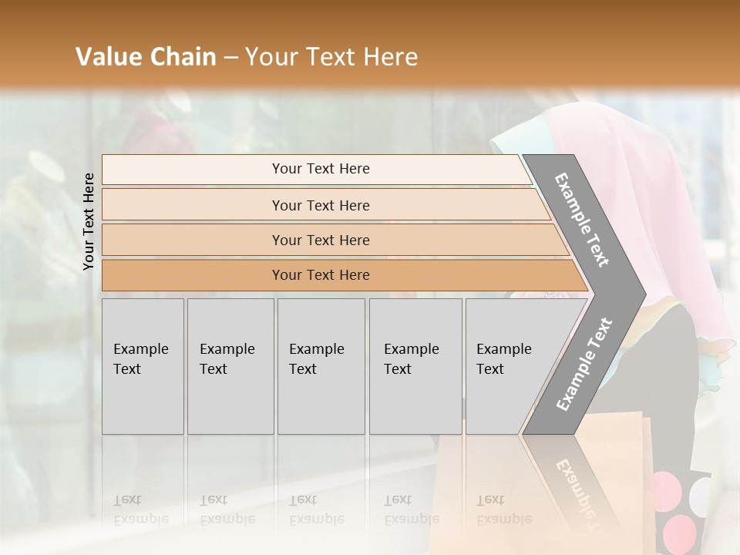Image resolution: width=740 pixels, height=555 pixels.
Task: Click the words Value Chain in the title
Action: [146, 57]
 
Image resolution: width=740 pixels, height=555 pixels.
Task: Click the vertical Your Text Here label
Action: [89, 221]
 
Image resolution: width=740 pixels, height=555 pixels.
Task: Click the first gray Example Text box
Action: [143, 366]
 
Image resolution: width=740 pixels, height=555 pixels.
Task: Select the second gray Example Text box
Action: [230, 366]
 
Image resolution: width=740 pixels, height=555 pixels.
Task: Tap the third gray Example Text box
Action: [321, 366]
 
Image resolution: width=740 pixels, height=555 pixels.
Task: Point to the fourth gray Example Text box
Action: [415, 366]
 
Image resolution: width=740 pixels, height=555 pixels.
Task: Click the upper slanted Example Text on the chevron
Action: [582, 220]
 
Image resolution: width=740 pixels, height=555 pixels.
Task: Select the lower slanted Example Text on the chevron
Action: [584, 365]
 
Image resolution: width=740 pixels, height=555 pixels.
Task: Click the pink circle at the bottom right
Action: [680, 531]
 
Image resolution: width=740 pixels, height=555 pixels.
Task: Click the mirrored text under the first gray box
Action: [141, 510]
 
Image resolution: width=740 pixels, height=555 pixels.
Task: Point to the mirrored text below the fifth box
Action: [504, 510]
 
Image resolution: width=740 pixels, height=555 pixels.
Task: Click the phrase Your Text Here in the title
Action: [331, 57]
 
